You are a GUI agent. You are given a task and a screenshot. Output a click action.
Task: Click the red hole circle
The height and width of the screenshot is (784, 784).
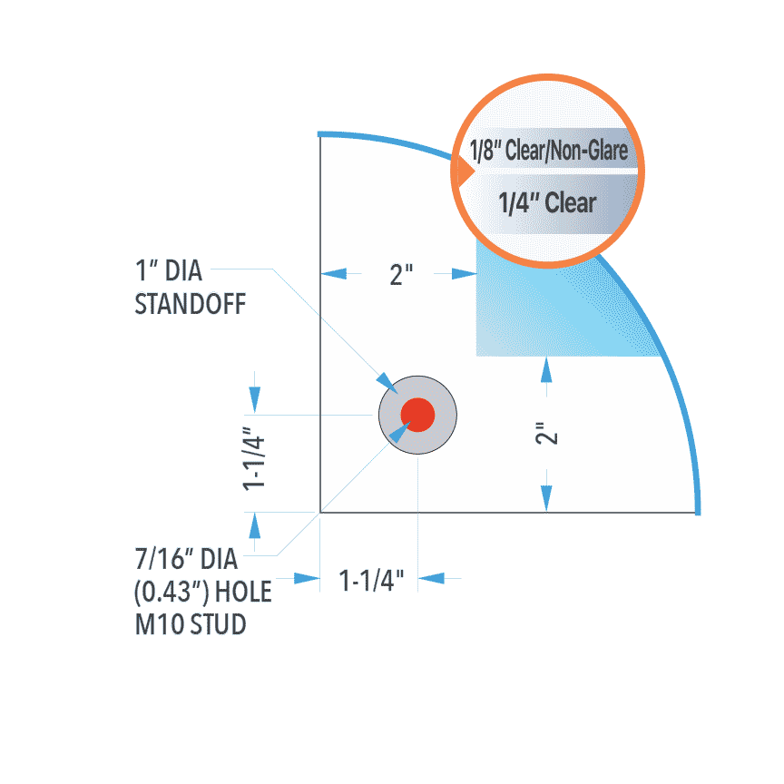click(x=417, y=415)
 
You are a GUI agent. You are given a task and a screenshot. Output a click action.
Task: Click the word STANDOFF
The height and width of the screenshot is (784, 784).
click(x=191, y=304)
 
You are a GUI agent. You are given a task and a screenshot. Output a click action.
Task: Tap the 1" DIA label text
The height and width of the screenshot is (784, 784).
click(x=169, y=270)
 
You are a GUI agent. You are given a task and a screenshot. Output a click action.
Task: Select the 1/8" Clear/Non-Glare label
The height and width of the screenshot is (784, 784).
click(x=548, y=151)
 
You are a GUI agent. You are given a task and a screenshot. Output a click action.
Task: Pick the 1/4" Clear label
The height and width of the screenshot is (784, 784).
click(x=547, y=203)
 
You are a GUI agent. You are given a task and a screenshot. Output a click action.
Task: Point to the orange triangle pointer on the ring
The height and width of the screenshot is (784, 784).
click(x=466, y=171)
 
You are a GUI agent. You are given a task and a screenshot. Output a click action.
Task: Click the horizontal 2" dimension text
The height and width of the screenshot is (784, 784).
click(x=401, y=275)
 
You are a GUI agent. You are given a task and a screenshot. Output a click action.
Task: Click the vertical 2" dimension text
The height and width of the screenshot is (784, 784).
click(x=546, y=433)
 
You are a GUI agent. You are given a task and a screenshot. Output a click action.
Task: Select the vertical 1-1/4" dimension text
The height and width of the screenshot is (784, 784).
click(x=253, y=458)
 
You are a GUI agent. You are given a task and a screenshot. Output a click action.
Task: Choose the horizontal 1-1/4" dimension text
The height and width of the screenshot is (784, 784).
click(x=371, y=580)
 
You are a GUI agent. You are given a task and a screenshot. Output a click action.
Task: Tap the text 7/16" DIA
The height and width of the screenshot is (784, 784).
click(x=186, y=559)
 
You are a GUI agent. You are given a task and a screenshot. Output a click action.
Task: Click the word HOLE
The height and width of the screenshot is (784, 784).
click(x=243, y=592)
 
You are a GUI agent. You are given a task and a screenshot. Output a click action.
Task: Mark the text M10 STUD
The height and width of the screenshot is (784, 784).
click(x=191, y=624)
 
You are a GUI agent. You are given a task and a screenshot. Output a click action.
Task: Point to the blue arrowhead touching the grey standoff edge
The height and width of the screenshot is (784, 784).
click(x=387, y=383)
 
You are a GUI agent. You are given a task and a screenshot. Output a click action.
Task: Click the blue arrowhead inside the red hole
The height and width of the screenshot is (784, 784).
click(x=399, y=432)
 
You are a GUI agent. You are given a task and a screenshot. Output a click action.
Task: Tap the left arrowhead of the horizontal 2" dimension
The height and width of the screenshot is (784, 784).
click(x=334, y=273)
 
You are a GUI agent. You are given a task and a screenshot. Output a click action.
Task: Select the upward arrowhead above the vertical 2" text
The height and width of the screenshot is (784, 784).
click(x=546, y=370)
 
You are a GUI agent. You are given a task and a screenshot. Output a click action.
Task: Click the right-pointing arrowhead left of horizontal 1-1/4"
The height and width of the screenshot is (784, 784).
click(x=307, y=579)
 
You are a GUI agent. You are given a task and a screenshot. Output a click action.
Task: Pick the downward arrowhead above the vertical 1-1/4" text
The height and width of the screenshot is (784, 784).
click(x=254, y=399)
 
